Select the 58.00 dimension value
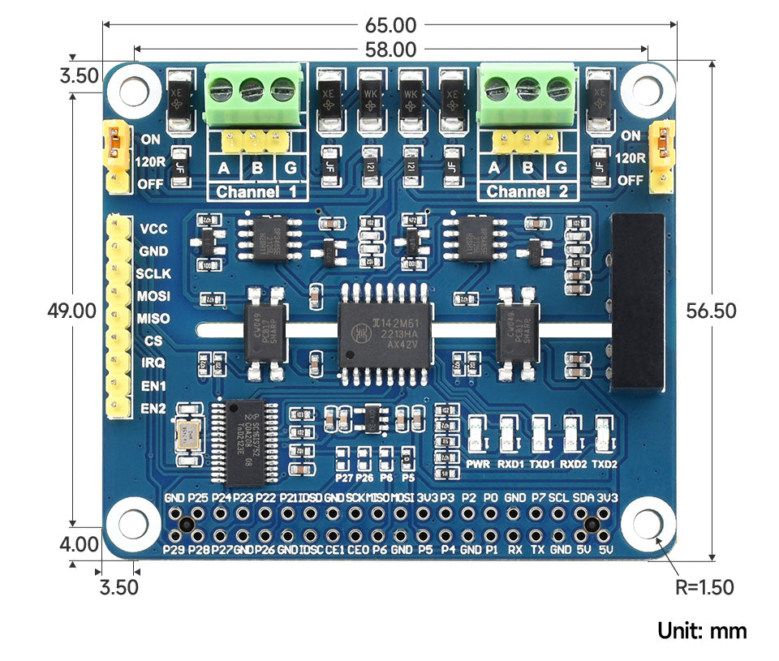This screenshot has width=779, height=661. click(390, 50)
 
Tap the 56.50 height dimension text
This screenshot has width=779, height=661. click(711, 311)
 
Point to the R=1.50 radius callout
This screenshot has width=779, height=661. click(704, 587)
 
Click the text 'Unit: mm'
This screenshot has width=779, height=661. click(702, 631)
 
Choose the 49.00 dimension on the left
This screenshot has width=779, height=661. click(72, 311)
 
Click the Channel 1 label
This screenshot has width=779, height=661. click(256, 192)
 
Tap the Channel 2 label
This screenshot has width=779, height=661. click(528, 192)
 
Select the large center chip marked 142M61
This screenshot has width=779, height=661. click(385, 327)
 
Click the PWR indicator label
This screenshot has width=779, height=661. click(478, 464)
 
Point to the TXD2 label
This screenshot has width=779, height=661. click(604, 464)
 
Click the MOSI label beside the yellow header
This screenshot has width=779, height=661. click(153, 297)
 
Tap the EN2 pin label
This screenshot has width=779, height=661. click(153, 408)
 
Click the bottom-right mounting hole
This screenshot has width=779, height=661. click(649, 523)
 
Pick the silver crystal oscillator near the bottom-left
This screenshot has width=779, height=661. click(188, 434)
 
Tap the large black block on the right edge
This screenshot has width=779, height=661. click(638, 300)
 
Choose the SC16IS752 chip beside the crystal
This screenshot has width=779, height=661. click(243, 441)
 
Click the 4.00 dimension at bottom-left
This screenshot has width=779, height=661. click(80, 544)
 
